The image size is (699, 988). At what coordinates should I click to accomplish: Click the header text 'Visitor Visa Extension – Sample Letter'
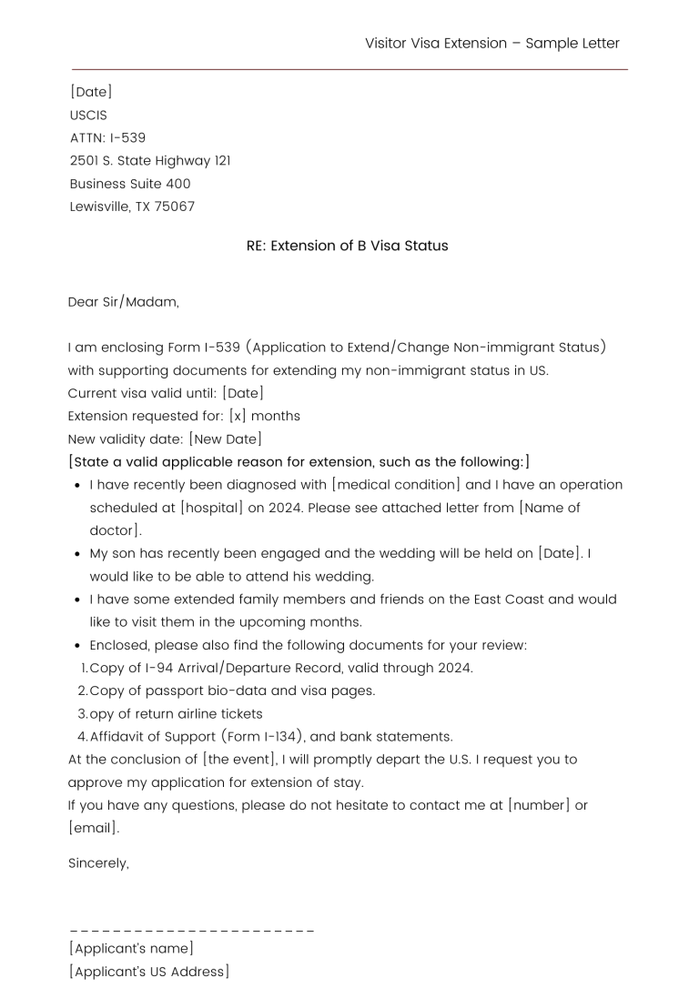491,44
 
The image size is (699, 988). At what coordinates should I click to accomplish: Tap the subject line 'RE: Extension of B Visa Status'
347,246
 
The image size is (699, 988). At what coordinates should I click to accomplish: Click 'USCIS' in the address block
88,116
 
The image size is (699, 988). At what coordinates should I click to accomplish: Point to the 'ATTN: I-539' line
107,138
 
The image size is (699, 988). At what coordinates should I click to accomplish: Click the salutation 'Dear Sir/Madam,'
124,302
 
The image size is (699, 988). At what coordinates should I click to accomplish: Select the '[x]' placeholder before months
238,416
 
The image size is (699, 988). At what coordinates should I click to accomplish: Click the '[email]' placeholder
94,829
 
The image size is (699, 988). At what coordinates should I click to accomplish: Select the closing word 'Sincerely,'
98,864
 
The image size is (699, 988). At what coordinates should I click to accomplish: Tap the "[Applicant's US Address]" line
149,973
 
